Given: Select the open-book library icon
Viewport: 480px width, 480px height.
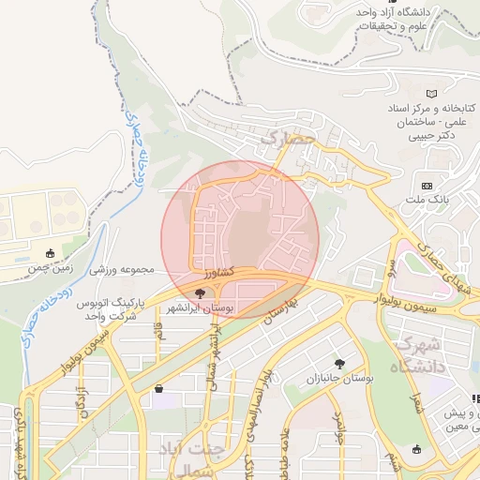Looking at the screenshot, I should pyautogui.click(x=431, y=94).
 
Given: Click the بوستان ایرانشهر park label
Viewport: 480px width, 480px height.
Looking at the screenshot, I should pyautogui.click(x=201, y=307).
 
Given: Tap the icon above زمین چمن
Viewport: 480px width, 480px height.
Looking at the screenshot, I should pyautogui.click(x=50, y=252).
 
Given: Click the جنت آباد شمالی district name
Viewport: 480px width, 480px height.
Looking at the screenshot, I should pyautogui.click(x=189, y=458).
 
